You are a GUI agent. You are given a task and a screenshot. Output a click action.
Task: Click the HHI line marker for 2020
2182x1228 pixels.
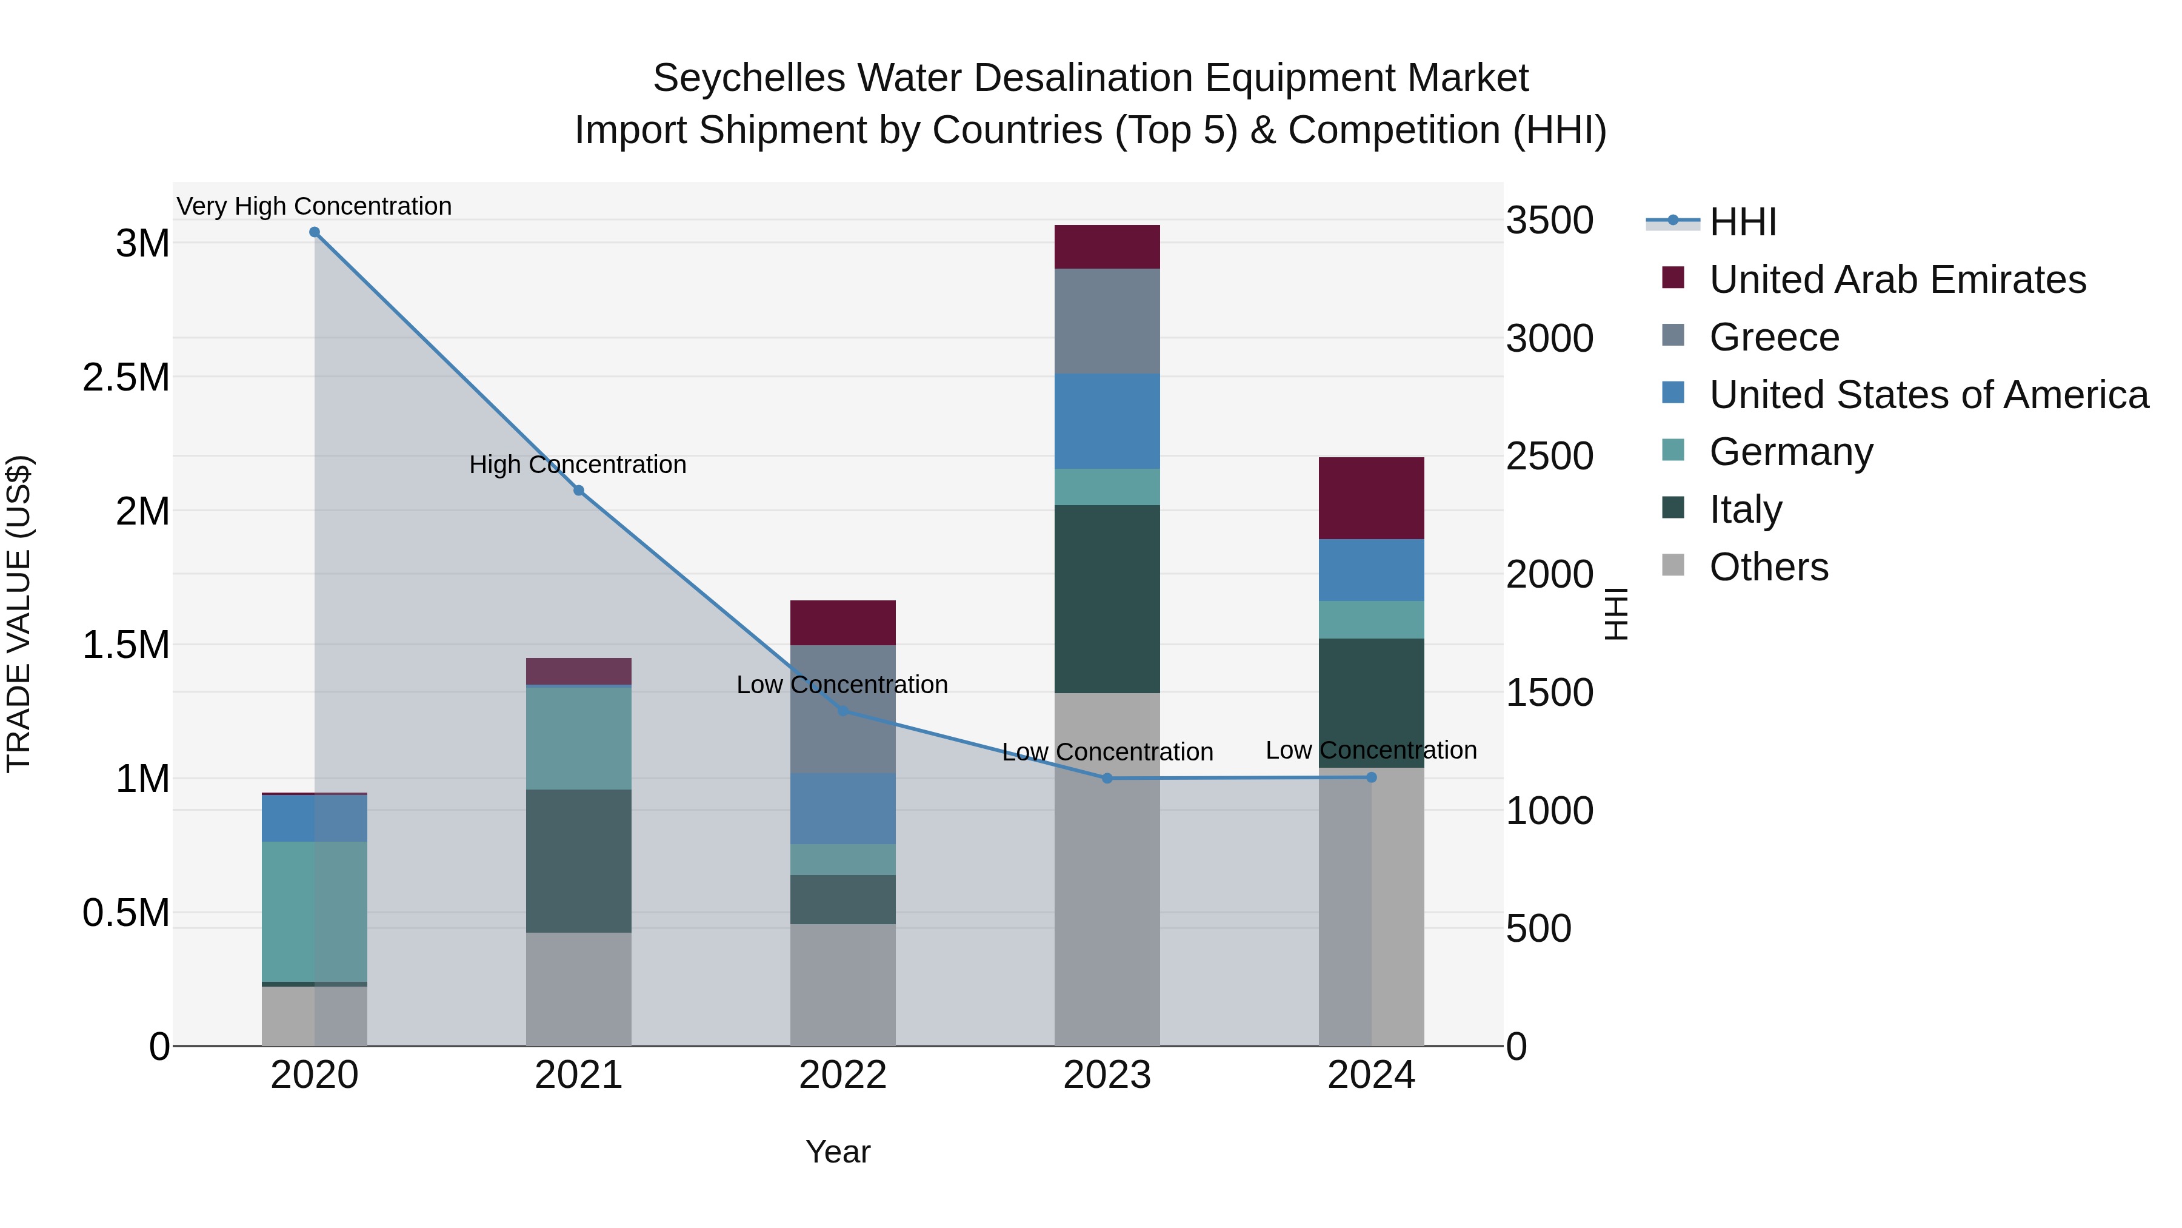pos(314,232)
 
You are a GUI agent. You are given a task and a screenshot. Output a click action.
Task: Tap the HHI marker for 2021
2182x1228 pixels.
pos(579,491)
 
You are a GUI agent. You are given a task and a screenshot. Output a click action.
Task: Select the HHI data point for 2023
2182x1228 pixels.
pos(1107,778)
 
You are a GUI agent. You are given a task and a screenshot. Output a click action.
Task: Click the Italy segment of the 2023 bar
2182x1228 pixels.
pos(1107,599)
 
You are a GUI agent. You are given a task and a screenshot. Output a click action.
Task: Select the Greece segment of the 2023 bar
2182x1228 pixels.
pos(1107,321)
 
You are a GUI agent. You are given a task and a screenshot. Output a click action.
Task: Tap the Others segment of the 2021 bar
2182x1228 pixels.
pos(579,989)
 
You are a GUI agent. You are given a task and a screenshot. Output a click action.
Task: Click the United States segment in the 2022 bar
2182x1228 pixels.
pos(843,808)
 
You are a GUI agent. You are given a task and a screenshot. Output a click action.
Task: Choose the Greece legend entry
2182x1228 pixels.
pos(1773,337)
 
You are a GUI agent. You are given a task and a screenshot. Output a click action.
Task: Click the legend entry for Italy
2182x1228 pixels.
pos(1745,509)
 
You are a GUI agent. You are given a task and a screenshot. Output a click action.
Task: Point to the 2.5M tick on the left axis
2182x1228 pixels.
pos(126,377)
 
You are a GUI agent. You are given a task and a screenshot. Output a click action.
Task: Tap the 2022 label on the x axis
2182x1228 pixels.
pos(843,1075)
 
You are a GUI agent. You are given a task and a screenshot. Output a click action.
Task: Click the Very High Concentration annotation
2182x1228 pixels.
pos(314,206)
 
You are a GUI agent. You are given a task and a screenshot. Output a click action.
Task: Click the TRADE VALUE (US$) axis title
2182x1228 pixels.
pos(19,614)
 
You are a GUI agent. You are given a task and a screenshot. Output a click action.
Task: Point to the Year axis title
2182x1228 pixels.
pos(838,1152)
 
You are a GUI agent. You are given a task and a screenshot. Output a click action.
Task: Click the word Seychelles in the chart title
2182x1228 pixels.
pos(749,78)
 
